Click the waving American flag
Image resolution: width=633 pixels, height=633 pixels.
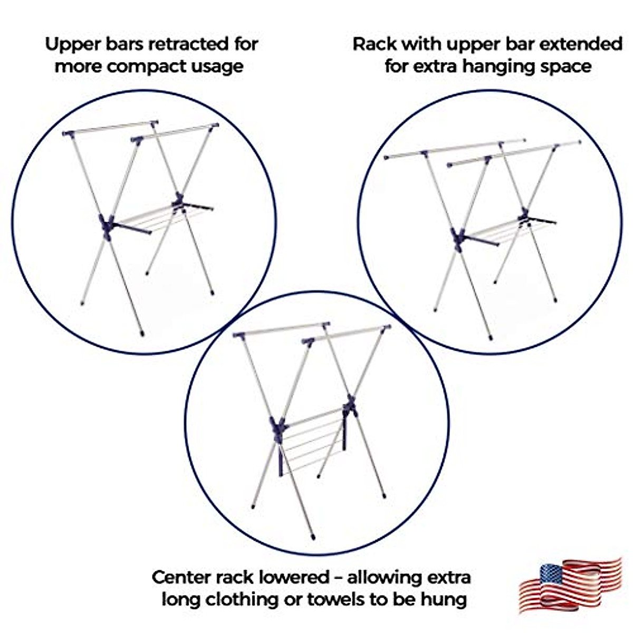click(x=571, y=584)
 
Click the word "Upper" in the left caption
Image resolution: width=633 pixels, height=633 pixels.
click(x=70, y=44)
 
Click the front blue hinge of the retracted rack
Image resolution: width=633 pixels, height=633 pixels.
click(x=107, y=225)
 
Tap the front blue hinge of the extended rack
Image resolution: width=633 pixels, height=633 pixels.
click(x=458, y=238)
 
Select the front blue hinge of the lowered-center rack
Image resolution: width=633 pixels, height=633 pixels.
click(x=278, y=426)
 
